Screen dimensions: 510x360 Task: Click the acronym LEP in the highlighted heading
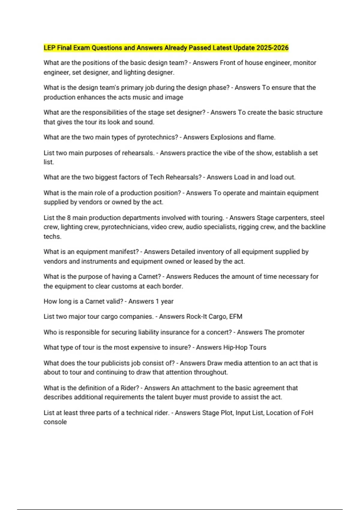(49, 48)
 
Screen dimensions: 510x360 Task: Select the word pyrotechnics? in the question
(157, 137)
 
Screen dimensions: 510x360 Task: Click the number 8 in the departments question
(69, 218)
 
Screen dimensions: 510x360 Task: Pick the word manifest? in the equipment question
(124, 252)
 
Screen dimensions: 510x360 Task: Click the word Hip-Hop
(235, 347)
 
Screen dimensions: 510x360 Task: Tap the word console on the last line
(55, 422)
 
